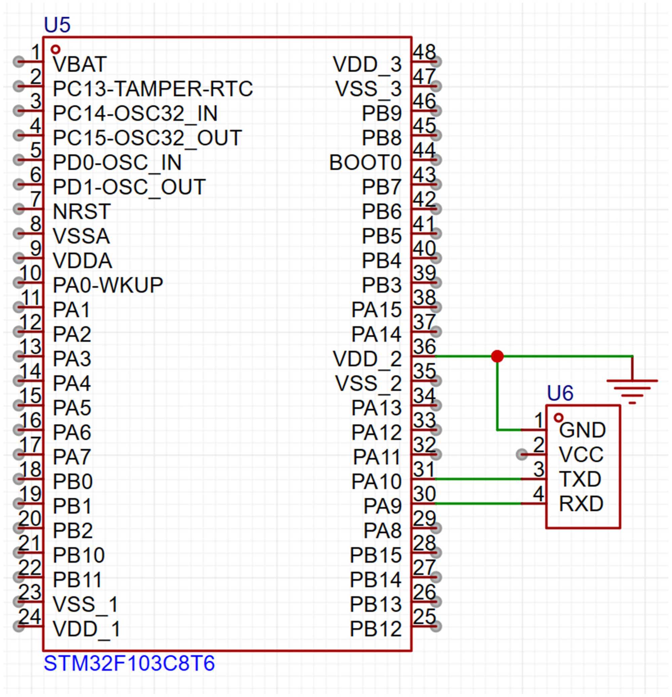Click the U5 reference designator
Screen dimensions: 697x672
57,25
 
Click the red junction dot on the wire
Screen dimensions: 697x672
497,356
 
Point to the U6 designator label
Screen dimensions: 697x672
560,393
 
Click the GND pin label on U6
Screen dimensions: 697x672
582,430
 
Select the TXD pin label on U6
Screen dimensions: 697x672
580,479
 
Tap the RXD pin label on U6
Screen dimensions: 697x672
581,504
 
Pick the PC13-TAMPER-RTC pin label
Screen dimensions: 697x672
153,88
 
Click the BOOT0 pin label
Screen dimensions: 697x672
365,162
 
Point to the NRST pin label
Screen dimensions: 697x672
82,211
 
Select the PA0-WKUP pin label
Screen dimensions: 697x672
108,285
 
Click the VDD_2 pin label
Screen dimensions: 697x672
367,359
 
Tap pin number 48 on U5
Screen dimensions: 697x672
424,52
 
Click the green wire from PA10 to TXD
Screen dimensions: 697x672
478,479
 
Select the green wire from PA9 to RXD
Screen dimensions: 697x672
478,504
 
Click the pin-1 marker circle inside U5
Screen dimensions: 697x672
55,49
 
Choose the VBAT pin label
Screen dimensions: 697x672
80,64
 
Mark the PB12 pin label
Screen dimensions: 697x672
376,629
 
